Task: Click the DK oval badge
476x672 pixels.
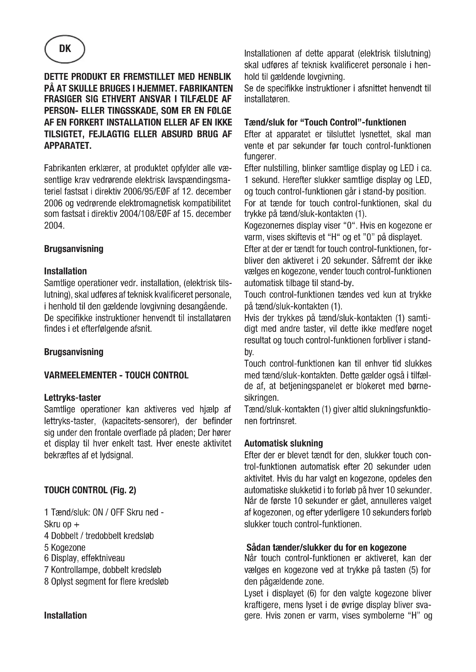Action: pyautogui.click(x=64, y=49)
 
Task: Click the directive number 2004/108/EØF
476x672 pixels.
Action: pyautogui.click(x=145, y=214)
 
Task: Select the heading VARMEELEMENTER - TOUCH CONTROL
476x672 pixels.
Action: pyautogui.click(x=116, y=375)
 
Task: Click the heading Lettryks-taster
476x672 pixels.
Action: pyautogui.click(x=73, y=398)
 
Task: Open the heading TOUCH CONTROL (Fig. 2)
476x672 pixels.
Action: pyautogui.click(x=90, y=490)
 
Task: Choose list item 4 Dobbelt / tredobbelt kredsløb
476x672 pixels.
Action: pyautogui.click(x=99, y=536)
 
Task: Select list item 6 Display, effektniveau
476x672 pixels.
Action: pyautogui.click(x=84, y=559)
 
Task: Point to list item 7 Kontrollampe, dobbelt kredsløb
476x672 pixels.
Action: pyautogui.click(x=102, y=570)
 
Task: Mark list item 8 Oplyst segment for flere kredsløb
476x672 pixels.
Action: pyautogui.click(x=106, y=581)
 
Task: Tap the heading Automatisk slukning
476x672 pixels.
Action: pyautogui.click(x=283, y=443)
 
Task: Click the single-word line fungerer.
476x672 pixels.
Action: pyautogui.click(x=260, y=157)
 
